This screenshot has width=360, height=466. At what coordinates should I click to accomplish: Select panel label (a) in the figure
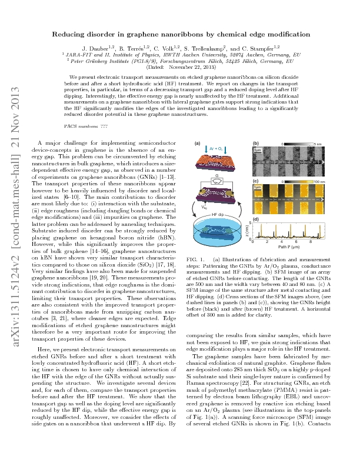pyautogui.click(x=198, y=144)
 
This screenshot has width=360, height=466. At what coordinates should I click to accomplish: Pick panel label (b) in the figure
pyautogui.click(x=255, y=144)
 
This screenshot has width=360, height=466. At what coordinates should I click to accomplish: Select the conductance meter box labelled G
pyautogui.click(x=218, y=191)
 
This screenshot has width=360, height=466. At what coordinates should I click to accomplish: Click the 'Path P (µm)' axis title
pyautogui.click(x=289, y=248)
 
